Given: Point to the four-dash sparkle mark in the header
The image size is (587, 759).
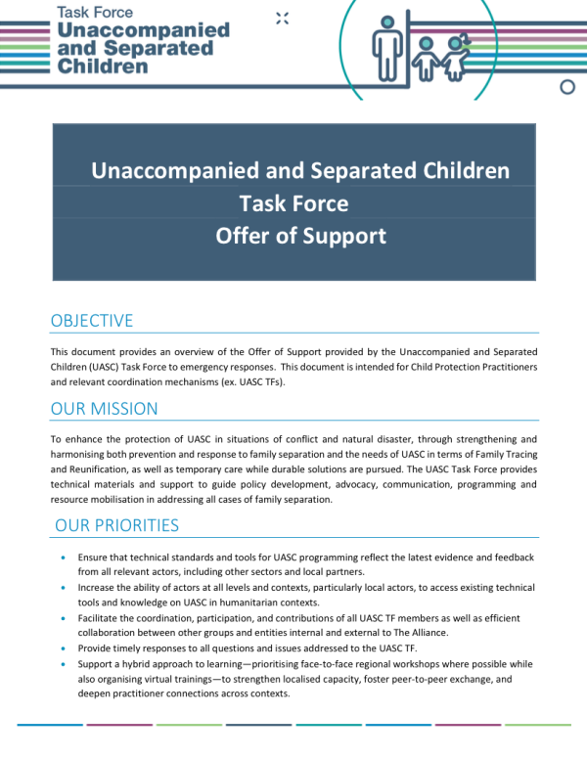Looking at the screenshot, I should (283, 18).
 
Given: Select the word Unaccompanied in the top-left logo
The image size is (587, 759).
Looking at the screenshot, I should (145, 30).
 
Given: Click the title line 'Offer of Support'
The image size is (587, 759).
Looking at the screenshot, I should (300, 236).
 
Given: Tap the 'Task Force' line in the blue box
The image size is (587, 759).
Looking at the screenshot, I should (293, 203).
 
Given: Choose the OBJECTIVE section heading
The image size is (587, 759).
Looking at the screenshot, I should (92, 321).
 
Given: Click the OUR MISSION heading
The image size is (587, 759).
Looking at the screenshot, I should (104, 408).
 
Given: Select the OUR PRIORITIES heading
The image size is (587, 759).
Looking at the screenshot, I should (117, 525).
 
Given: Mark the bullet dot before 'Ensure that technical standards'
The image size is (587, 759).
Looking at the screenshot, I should (65, 558).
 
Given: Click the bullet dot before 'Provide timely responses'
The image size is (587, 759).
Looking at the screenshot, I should (65, 647).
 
